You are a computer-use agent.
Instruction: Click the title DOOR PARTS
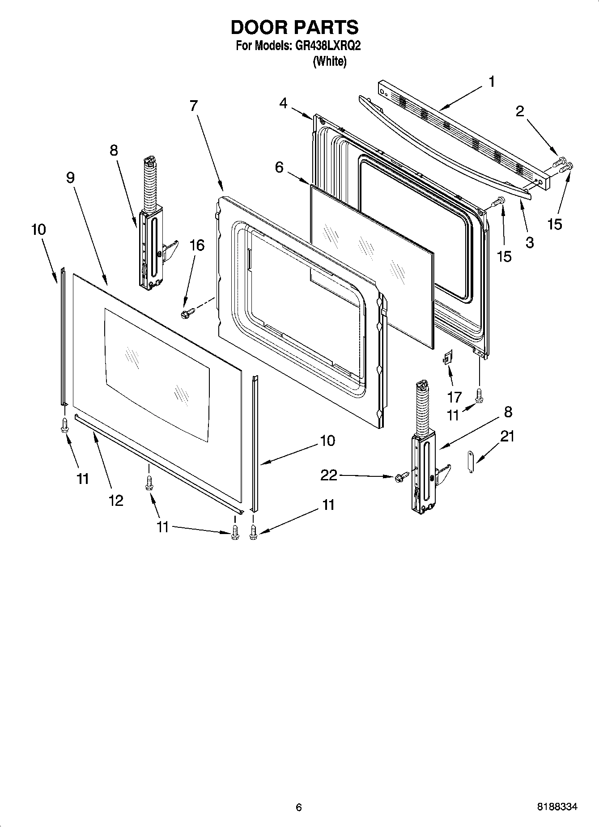[x=294, y=28]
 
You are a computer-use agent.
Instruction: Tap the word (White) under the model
[x=330, y=61]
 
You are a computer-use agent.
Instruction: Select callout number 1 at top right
[x=492, y=82]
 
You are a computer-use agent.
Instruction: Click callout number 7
[x=193, y=106]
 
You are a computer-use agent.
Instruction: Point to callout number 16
[x=197, y=245]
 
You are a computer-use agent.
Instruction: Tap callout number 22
[x=329, y=475]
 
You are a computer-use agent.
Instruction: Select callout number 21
[x=507, y=436]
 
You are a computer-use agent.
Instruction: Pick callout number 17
[x=455, y=397]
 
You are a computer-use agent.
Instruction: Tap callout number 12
[x=116, y=500]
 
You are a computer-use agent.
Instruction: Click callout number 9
[x=70, y=178]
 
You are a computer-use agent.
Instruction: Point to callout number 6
[x=279, y=167]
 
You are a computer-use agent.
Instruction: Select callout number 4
[x=283, y=103]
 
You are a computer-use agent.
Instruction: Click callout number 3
[x=530, y=242]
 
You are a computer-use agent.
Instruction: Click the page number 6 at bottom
[x=299, y=807]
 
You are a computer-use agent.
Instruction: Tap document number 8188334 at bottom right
[x=557, y=807]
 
